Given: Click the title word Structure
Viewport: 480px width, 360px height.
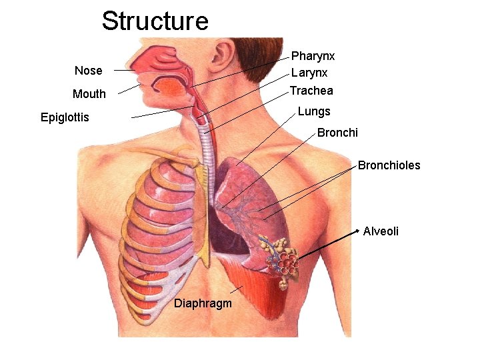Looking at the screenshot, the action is point(155,21).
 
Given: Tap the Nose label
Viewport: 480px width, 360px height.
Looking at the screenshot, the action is point(89,71).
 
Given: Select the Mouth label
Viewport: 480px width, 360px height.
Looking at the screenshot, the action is point(89,94).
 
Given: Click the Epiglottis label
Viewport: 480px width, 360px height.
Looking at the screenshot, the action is point(65,118).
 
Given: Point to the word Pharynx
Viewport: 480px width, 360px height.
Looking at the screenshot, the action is point(313,56).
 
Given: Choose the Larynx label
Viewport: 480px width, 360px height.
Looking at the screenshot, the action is point(309,73).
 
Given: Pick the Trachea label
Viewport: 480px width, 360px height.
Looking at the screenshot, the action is point(311,91).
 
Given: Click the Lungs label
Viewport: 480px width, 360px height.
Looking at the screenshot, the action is point(314,111).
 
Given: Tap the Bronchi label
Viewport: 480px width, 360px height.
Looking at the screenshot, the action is point(337,133).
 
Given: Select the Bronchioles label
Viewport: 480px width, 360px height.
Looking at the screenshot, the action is point(389,165).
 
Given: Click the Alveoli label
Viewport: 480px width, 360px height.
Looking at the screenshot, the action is point(381,231).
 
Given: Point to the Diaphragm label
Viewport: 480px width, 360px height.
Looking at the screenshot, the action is point(203,304).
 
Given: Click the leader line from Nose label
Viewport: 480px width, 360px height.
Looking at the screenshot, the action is point(123,70).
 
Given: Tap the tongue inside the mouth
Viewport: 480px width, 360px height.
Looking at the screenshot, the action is point(170,87).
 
